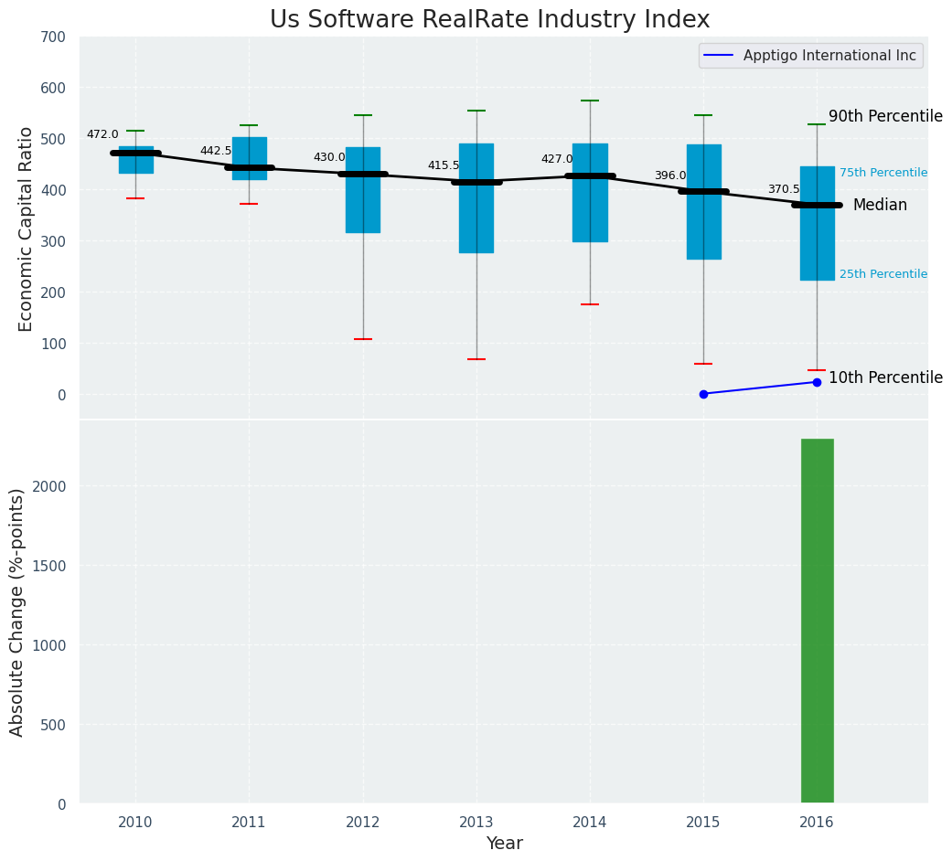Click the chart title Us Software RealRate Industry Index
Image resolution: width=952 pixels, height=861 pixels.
coord(489,20)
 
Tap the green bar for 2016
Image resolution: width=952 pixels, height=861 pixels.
coord(817,621)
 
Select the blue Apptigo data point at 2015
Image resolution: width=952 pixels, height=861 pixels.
coord(703,394)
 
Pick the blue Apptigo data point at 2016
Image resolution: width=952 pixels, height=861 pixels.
coord(817,382)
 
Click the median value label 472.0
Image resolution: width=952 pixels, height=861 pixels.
coord(102,134)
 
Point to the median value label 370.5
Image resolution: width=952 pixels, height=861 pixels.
coord(783,189)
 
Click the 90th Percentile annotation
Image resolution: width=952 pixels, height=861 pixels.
coord(884,116)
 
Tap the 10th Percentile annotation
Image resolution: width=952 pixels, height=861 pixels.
coord(884,377)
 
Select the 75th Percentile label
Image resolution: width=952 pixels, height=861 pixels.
coord(882,173)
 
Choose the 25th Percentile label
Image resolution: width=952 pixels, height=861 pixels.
coord(882,274)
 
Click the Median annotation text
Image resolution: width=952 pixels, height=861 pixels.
coord(880,206)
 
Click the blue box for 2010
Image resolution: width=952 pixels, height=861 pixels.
coord(135,160)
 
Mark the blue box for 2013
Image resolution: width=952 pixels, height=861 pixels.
coord(476,198)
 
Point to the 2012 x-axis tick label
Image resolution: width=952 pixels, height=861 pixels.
coord(363,823)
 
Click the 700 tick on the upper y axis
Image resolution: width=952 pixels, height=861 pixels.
coord(53,37)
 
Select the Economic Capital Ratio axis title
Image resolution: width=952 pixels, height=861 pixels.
coord(26,229)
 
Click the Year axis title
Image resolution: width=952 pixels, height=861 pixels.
coord(504,844)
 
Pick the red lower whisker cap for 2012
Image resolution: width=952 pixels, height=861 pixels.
coord(363,339)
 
